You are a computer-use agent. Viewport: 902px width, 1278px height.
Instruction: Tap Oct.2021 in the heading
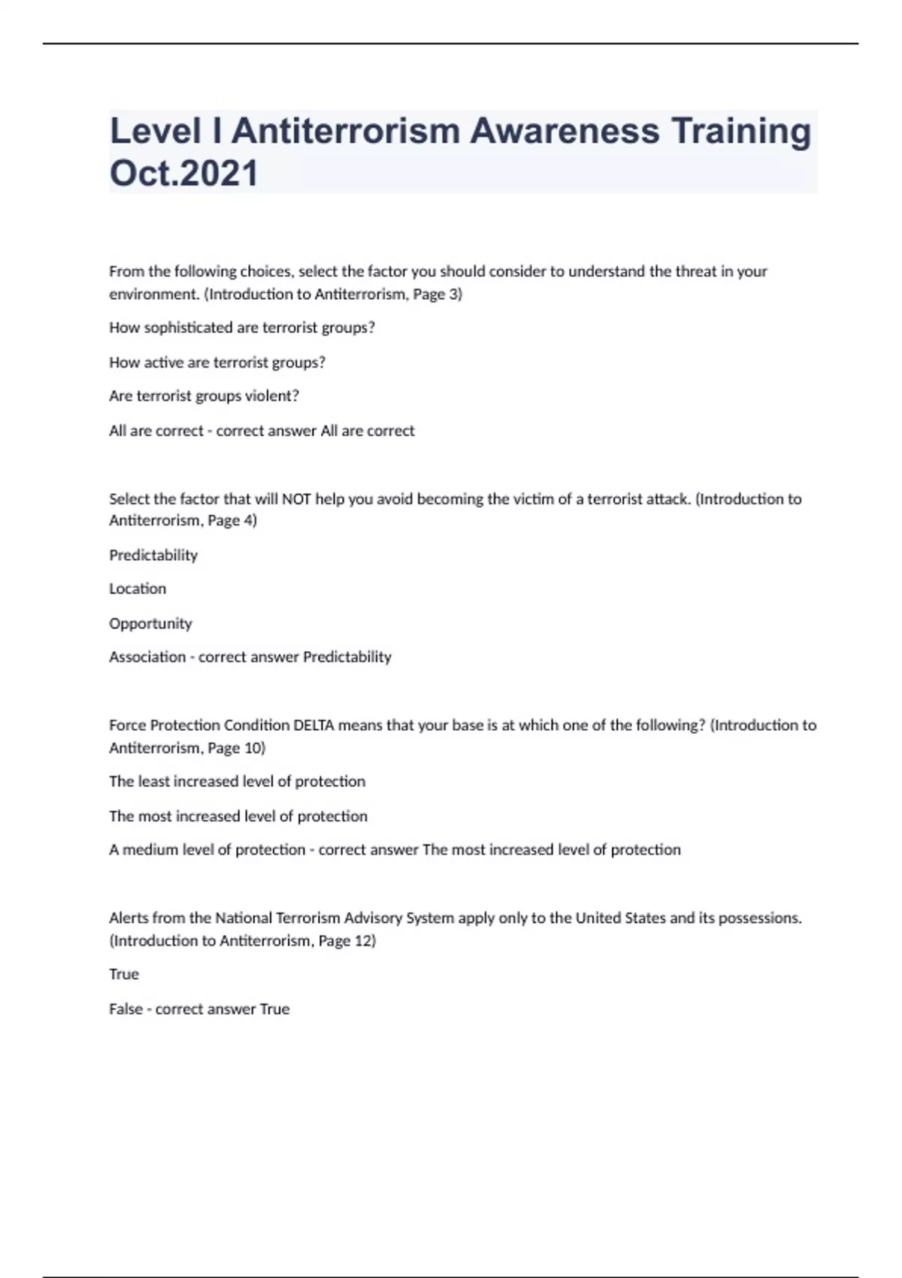pos(184,173)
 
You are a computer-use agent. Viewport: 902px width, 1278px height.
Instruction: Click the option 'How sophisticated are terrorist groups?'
pos(242,328)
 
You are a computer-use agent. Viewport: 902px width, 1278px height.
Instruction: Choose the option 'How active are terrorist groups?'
pos(217,362)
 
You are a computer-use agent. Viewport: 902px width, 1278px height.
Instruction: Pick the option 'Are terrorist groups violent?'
pos(204,396)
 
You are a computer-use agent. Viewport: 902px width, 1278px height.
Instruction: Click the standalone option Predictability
pos(153,556)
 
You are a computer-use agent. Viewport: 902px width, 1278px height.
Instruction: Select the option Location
pos(138,589)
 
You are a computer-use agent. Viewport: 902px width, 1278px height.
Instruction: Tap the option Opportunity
pos(150,623)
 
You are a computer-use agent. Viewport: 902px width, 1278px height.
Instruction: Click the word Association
pos(147,657)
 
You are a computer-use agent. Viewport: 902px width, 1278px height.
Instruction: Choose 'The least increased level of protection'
pos(237,782)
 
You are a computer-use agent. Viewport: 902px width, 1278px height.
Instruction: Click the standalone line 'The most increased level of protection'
pos(238,816)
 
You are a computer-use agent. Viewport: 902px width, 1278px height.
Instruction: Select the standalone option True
pos(124,974)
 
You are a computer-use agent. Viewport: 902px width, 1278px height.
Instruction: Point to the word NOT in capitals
pos(296,499)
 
